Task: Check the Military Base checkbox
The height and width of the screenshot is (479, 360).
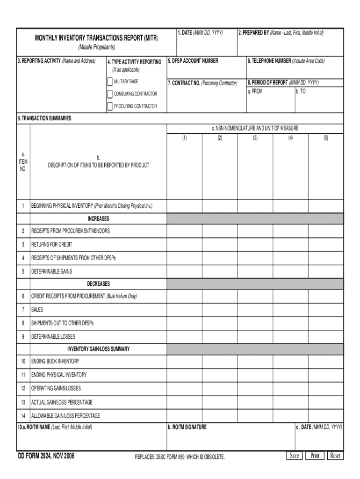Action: pos(110,82)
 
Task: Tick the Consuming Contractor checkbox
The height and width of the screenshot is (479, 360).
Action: pos(110,94)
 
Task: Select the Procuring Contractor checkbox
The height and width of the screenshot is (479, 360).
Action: pos(110,106)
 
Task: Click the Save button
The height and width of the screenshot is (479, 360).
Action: pos(294,456)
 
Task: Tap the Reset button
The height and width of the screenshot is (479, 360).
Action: pos(335,456)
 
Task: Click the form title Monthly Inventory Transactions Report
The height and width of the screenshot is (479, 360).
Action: pos(96,37)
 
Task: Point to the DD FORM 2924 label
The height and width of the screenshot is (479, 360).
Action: pos(46,456)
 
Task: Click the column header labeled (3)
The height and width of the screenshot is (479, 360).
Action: pos(255,138)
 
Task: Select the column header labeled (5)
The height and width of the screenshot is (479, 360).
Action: pos(325,138)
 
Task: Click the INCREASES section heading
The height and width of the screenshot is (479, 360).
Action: pos(98,218)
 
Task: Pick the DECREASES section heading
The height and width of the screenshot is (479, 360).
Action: pos(98,284)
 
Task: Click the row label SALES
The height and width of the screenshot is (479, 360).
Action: pos(37,310)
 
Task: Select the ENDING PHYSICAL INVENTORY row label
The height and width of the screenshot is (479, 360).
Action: pos(58,375)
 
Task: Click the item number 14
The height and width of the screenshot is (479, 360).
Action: pos(23,416)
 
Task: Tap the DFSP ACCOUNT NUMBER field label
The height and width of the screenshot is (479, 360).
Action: pos(193,61)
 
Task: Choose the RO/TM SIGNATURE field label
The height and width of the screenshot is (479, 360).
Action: pos(187,427)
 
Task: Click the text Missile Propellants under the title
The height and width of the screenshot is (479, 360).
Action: pos(96,48)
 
